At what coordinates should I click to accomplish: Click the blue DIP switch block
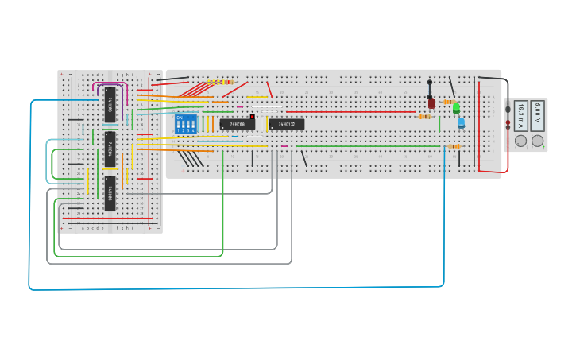click(186, 124)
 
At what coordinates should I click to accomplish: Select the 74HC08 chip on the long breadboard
click(237, 124)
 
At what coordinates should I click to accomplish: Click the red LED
click(431, 103)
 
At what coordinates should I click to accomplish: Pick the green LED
click(456, 109)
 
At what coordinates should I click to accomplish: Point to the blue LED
click(460, 123)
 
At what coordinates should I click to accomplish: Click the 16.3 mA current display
click(520, 116)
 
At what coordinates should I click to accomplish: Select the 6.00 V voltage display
click(538, 116)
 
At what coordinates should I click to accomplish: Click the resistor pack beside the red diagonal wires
click(220, 82)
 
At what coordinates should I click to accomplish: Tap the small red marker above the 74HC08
click(252, 117)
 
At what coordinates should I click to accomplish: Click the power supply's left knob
click(521, 141)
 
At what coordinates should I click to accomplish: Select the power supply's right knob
click(538, 141)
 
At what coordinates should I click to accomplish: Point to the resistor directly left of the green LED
click(448, 103)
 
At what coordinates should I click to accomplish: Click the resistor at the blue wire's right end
click(454, 146)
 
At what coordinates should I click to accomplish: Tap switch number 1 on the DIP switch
click(179, 127)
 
